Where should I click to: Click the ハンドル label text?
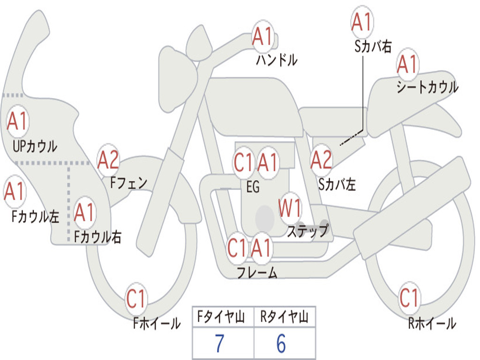pyautogui.click(x=277, y=60)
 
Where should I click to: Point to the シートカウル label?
pyautogui.click(x=427, y=88)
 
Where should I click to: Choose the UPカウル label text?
pyautogui.click(x=35, y=146)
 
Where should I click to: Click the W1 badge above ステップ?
pyautogui.click(x=290, y=209)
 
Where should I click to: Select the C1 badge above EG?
pyautogui.click(x=244, y=163)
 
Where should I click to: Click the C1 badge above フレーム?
pyautogui.click(x=237, y=248)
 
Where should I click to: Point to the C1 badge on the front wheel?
pyautogui.click(x=136, y=299)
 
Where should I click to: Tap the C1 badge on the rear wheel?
pyautogui.click(x=409, y=297)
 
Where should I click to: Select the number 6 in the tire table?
pyautogui.click(x=281, y=344)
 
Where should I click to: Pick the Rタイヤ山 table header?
pyautogui.click(x=284, y=318)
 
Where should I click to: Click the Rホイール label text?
pyautogui.click(x=431, y=323)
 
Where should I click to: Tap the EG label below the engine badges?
pyautogui.click(x=253, y=187)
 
